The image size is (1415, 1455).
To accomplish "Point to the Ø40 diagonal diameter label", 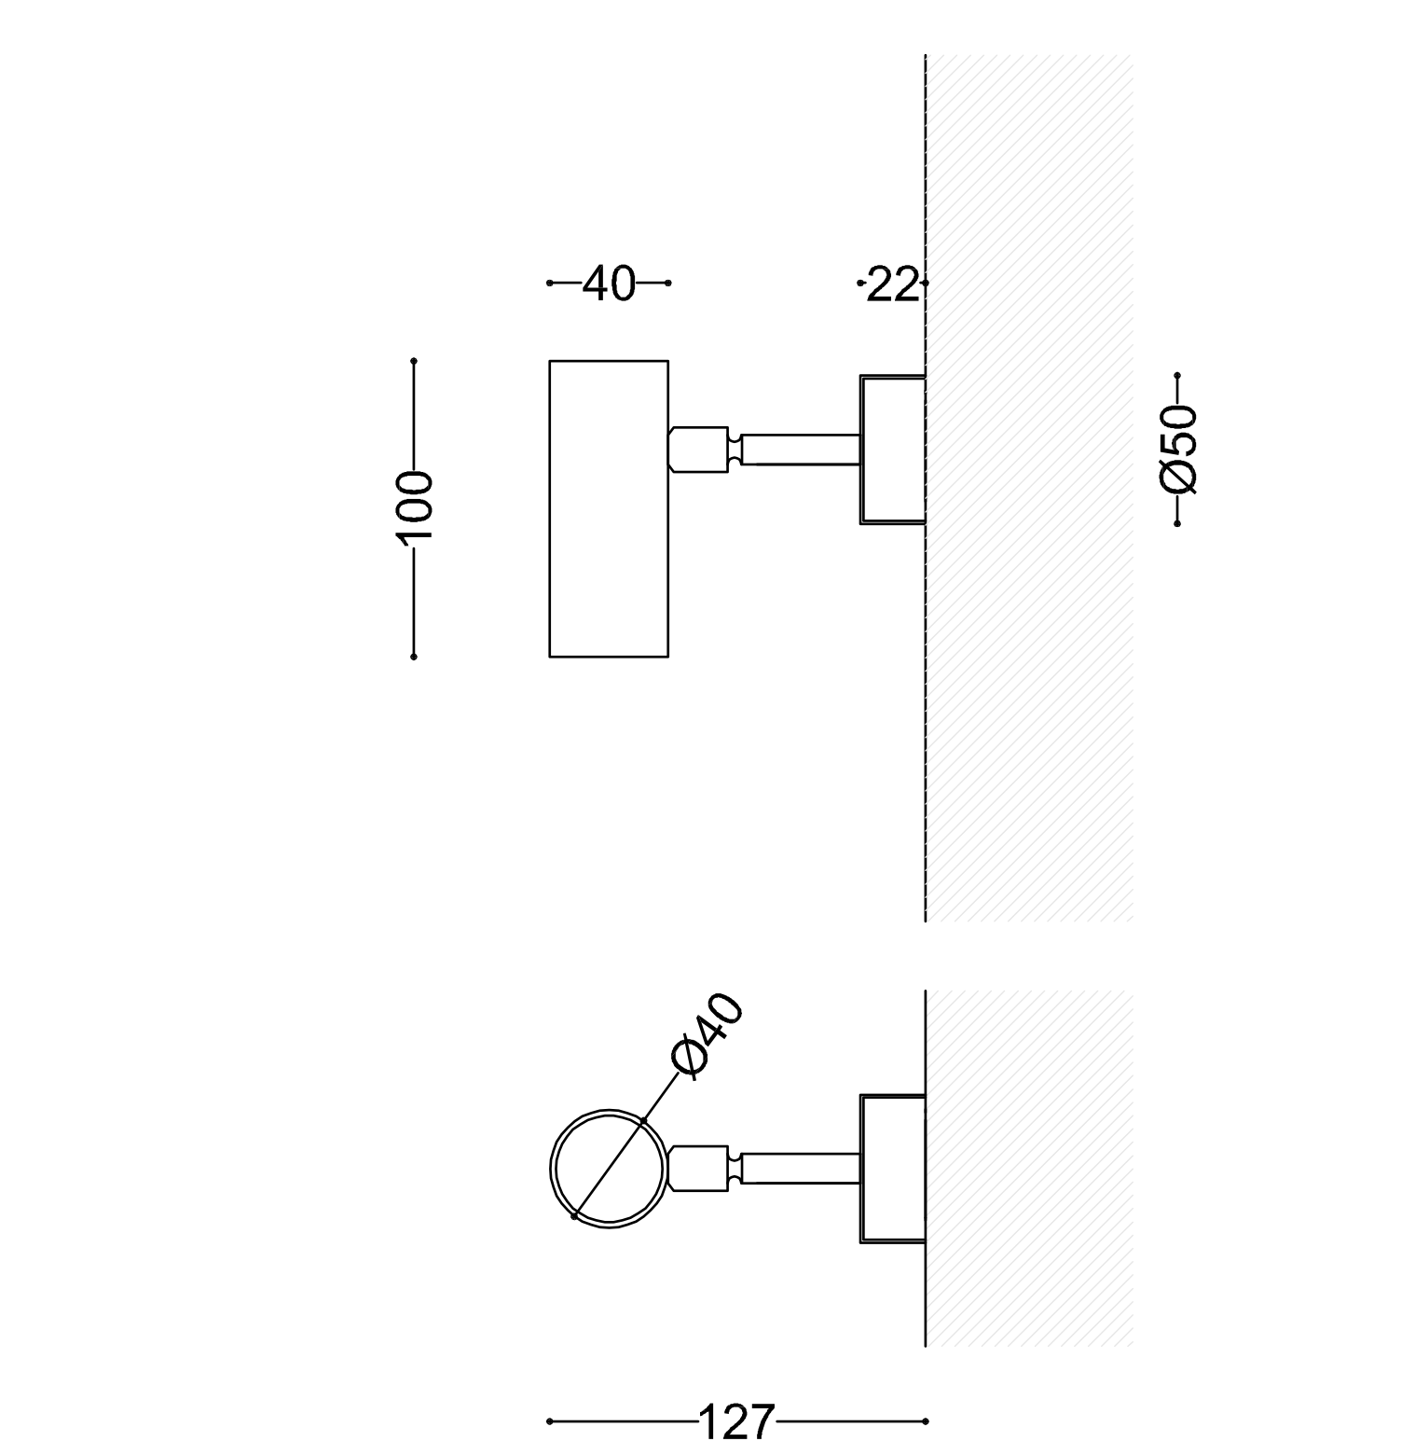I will click(708, 1035).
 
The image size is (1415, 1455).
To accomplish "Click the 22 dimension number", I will click(892, 284).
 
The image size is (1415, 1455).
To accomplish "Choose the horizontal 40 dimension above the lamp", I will click(609, 284).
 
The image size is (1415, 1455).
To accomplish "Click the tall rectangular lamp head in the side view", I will click(609, 508).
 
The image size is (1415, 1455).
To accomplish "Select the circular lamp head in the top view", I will click(609, 1169).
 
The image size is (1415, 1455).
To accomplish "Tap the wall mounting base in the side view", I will click(892, 450).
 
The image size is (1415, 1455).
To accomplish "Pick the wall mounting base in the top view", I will click(892, 1169).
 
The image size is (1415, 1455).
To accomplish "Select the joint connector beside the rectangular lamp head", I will click(699, 449).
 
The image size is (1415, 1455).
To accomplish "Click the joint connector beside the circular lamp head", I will click(699, 1169).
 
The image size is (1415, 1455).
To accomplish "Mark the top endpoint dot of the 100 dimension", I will click(414, 361).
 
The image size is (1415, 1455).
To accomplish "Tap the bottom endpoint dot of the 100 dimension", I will click(414, 657).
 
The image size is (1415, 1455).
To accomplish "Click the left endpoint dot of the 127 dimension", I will click(550, 1421).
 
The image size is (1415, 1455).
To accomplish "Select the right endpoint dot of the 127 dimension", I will click(926, 1421).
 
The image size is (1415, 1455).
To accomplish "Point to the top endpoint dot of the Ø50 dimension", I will click(1178, 376).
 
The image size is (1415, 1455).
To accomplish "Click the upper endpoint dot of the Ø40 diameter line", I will click(644, 1120).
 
